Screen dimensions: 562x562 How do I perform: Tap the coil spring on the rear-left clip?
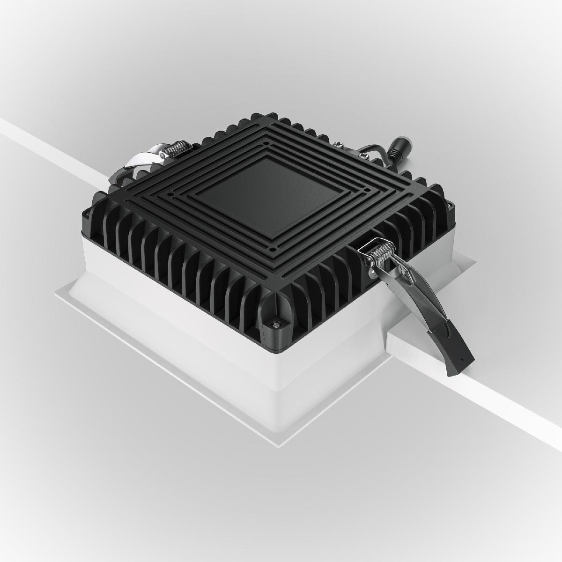point(178,149)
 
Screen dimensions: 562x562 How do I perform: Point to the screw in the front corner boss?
point(275,322)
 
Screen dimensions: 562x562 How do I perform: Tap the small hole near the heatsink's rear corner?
point(266,142)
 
